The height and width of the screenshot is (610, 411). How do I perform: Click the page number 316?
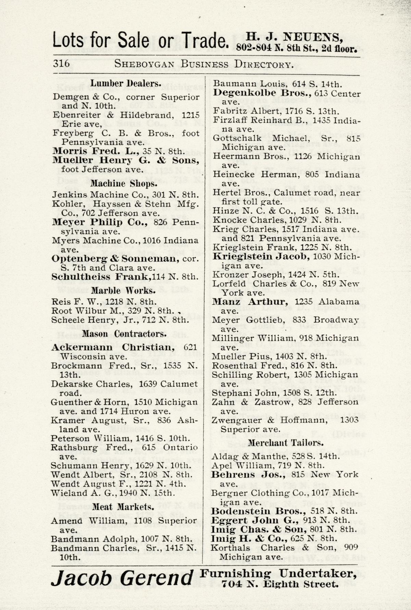pos(62,64)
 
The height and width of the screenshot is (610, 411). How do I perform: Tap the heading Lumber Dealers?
pos(126,84)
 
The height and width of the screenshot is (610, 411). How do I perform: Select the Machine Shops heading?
pos(124,183)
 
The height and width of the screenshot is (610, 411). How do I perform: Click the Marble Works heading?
pos(123,291)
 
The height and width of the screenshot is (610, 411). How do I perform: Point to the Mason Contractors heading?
pos(124,334)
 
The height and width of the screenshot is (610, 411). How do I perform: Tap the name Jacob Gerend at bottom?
pos(122,578)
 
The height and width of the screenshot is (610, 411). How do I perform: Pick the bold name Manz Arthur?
pos(250,302)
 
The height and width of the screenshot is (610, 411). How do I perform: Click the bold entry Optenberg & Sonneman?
pos(115,258)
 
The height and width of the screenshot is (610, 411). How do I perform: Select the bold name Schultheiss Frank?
pos(101,277)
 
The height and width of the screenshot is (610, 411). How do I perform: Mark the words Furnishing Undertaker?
pos(278,573)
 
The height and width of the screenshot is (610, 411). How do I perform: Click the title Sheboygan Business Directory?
pos(204,64)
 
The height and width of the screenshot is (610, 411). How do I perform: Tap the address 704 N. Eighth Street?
pos(280,584)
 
